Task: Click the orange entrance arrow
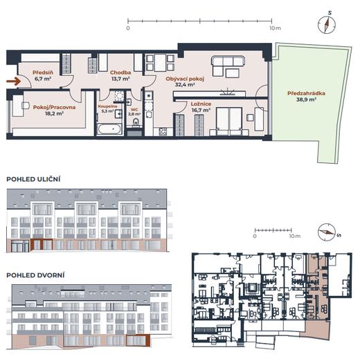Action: pyautogui.click(x=14, y=81)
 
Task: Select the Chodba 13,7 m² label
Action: pyautogui.click(x=120, y=75)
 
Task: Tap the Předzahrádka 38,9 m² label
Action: pyautogui.click(x=306, y=96)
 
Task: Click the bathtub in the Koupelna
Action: pyautogui.click(x=109, y=129)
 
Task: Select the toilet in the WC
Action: pyautogui.click(x=136, y=122)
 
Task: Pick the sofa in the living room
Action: pyautogui.click(x=228, y=66)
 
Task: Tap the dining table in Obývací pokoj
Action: pyautogui.click(x=160, y=63)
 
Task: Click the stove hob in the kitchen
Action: pyautogui.click(x=163, y=131)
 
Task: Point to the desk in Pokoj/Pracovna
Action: pyautogui.click(x=18, y=106)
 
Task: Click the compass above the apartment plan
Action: pyautogui.click(x=327, y=25)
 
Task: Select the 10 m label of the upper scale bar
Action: pyautogui.click(x=275, y=28)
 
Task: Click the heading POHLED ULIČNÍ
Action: pyautogui.click(x=33, y=179)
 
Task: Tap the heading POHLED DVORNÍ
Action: pyautogui.click(x=35, y=275)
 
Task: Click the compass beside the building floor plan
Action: pyautogui.click(x=327, y=232)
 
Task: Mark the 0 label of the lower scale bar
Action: pyautogui.click(x=255, y=236)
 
